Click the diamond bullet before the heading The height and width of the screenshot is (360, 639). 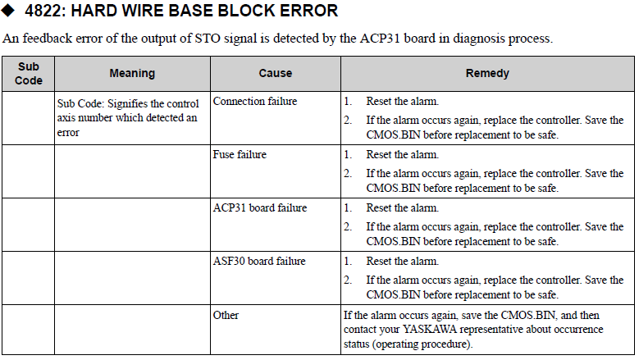(x=7, y=10)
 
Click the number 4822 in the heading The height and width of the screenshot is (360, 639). (x=45, y=11)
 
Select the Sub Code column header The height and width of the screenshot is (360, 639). (x=29, y=73)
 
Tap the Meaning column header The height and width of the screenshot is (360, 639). (x=132, y=73)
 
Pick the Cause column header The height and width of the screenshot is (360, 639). (x=276, y=73)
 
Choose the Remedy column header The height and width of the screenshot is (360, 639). (x=487, y=73)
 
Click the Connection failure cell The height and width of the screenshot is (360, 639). (x=255, y=101)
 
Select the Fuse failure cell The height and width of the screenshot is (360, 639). (x=240, y=154)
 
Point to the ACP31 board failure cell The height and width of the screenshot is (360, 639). (x=260, y=207)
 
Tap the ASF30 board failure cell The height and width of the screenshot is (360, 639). (x=259, y=261)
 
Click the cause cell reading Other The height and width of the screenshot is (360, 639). (x=226, y=315)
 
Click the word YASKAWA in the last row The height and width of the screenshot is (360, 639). (x=430, y=329)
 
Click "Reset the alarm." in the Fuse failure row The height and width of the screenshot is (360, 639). (x=403, y=154)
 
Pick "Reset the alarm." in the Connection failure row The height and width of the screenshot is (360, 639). (x=403, y=101)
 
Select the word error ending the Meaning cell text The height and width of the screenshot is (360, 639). (x=68, y=133)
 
